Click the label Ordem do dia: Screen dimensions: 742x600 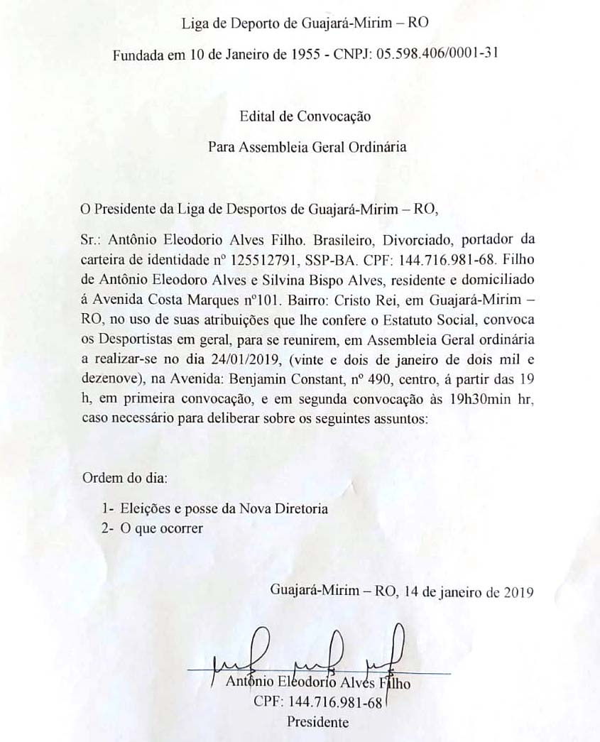[126, 477]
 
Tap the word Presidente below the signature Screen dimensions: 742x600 [317, 723]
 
